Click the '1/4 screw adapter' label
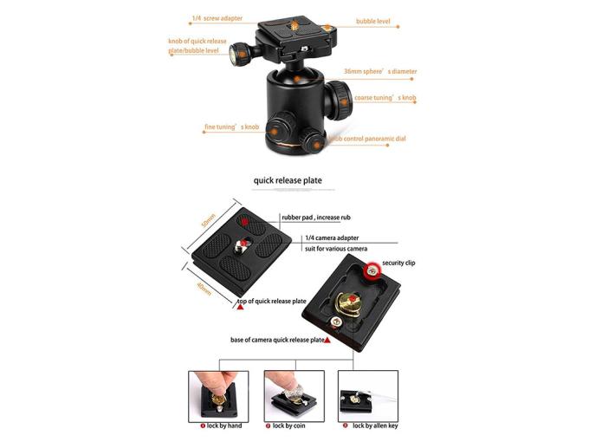[x=217, y=18]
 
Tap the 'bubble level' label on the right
[x=373, y=22]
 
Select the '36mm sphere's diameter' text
[x=380, y=71]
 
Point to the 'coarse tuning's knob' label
[x=385, y=98]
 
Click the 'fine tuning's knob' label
[x=232, y=127]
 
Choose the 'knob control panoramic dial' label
[x=367, y=139]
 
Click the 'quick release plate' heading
[x=288, y=180]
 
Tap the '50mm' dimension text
[x=209, y=220]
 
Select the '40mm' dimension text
[x=204, y=289]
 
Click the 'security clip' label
[x=398, y=263]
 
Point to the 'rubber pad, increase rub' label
[x=316, y=218]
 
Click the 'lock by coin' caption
[x=288, y=426]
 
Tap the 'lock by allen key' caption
[x=375, y=426]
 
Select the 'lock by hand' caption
[x=224, y=426]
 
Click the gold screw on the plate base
[x=348, y=304]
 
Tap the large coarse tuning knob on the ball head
[x=339, y=100]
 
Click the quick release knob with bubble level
[x=239, y=55]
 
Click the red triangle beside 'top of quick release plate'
[x=241, y=307]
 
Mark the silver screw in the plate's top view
[x=241, y=245]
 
